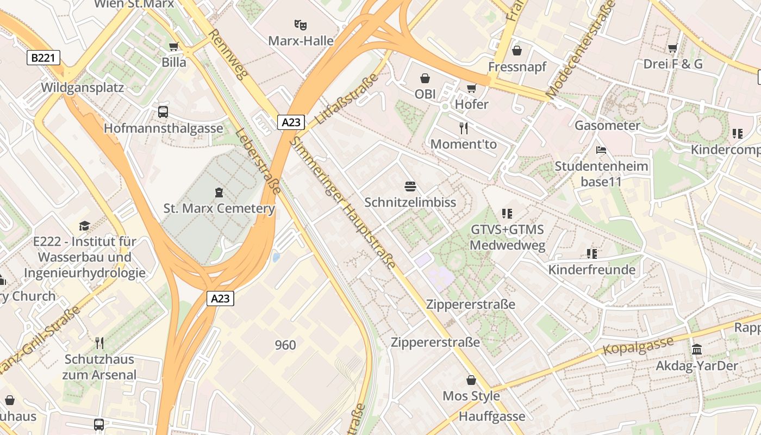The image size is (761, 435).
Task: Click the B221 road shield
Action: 43,58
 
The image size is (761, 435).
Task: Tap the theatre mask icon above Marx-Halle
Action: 301,24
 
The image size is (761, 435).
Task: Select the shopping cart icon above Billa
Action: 174,47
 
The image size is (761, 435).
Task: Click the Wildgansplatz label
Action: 83,88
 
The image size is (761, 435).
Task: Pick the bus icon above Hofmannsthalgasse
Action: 163,112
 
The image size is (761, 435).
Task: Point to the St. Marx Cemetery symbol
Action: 219,192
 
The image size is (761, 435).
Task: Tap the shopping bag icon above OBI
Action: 425,78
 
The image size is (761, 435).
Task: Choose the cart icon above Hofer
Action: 471,88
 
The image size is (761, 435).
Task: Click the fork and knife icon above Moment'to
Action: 464,128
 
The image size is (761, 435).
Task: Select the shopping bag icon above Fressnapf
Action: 517,51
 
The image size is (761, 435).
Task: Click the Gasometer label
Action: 607,126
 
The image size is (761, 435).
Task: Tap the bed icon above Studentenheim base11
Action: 601,150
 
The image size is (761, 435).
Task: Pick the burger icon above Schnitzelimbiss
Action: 410,187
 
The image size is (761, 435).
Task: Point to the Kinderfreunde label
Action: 591,270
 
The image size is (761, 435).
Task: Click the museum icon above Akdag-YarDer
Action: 697,349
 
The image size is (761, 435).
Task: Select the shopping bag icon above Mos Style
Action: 471,380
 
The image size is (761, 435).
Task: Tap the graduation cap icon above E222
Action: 84,226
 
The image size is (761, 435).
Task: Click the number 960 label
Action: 285,345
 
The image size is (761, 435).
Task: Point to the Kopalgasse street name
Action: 638,346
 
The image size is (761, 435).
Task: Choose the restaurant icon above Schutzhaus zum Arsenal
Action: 99,343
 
